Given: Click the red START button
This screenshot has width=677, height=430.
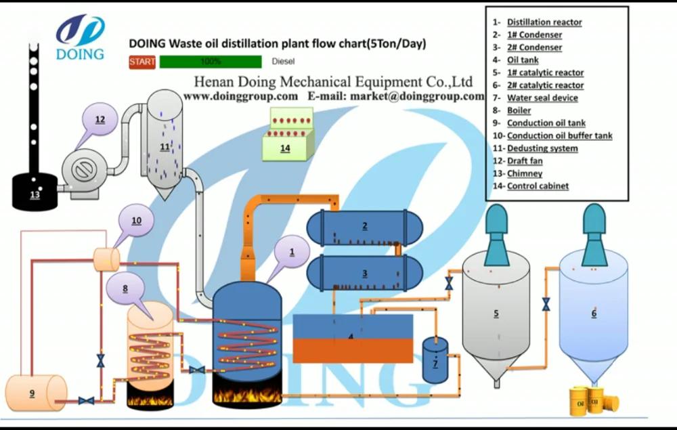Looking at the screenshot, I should (x=142, y=62).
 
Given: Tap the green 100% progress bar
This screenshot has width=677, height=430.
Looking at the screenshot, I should (x=211, y=62).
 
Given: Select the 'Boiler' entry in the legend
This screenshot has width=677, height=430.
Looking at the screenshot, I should (x=519, y=110).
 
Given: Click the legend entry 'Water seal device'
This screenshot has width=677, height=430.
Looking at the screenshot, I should (x=542, y=98).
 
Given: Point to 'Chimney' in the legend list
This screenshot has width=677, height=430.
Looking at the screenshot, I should (x=525, y=173).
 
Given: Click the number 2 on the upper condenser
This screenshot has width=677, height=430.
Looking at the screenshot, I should (x=365, y=225).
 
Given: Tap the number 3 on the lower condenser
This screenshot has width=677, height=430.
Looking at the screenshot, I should (x=365, y=273).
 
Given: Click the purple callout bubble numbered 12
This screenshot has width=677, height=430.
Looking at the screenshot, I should (x=100, y=121).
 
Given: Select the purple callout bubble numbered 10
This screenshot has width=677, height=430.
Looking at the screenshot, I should (x=137, y=220).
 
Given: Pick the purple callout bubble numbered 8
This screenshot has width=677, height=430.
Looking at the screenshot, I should (x=125, y=288).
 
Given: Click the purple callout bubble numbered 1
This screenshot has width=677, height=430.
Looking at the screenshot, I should (x=292, y=251).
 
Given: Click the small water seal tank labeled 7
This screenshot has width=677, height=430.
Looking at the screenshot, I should (x=435, y=360).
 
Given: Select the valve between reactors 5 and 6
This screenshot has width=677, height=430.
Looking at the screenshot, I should (x=546, y=305).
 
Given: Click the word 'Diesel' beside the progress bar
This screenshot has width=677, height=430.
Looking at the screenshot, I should (x=283, y=62).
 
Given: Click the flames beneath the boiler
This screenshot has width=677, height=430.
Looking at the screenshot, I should (x=150, y=400).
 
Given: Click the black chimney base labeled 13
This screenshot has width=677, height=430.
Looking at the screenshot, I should (x=35, y=191).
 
